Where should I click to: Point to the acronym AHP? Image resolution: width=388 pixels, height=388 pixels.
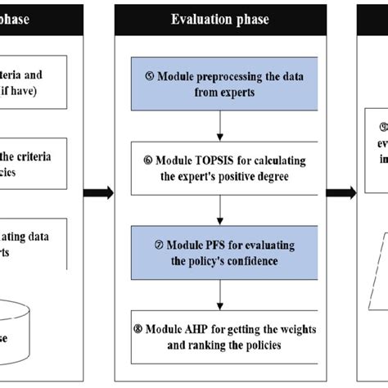tap(207, 328)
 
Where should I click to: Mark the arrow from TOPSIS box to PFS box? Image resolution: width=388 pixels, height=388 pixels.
tap(221, 210)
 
